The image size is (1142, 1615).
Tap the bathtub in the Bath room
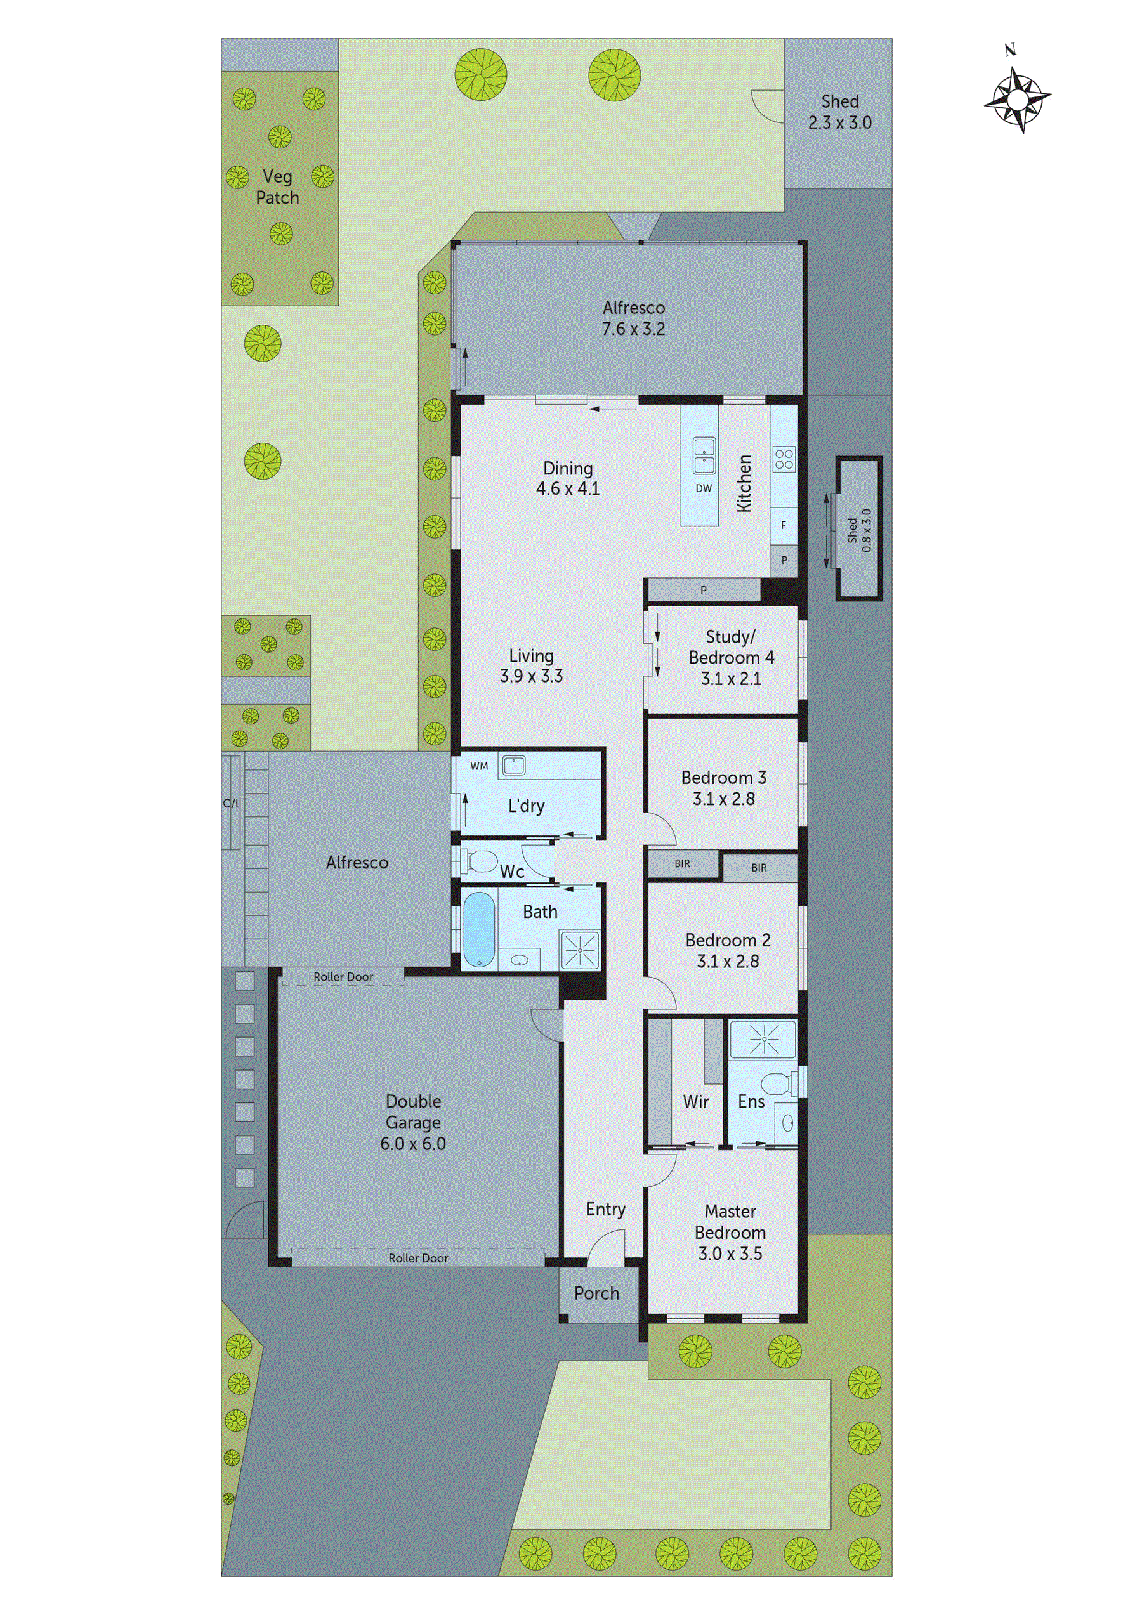478,930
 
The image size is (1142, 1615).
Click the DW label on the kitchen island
704,488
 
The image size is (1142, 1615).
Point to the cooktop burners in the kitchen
784,459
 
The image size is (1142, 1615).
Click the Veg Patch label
277,187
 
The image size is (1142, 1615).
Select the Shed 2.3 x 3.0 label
839,112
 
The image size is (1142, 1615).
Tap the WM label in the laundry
479,766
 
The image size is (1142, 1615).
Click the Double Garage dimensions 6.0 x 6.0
413,1144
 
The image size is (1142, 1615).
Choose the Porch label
596,1293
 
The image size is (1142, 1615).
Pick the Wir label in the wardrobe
695,1102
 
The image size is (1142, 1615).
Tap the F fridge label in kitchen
783,525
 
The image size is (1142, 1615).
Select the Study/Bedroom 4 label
731,657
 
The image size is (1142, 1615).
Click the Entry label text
605,1209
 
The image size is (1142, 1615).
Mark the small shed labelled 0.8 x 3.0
858,529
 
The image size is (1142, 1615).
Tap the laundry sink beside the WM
511,766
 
